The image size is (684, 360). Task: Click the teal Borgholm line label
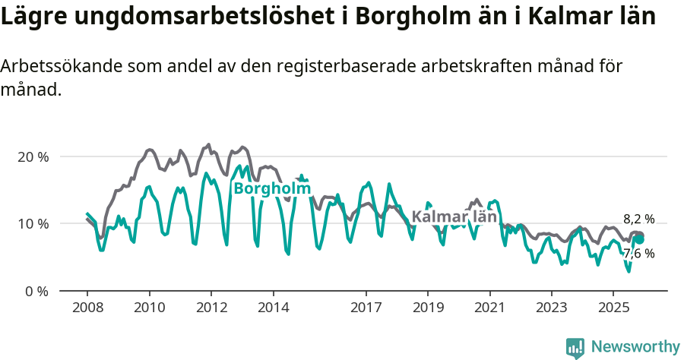pos(272,188)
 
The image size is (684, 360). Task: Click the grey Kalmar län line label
pos(454,216)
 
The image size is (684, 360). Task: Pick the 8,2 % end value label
pos(638,219)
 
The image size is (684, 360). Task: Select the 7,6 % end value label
pos(638,254)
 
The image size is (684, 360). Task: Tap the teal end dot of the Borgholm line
pos(640,239)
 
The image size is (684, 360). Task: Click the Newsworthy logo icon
pos(575,348)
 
